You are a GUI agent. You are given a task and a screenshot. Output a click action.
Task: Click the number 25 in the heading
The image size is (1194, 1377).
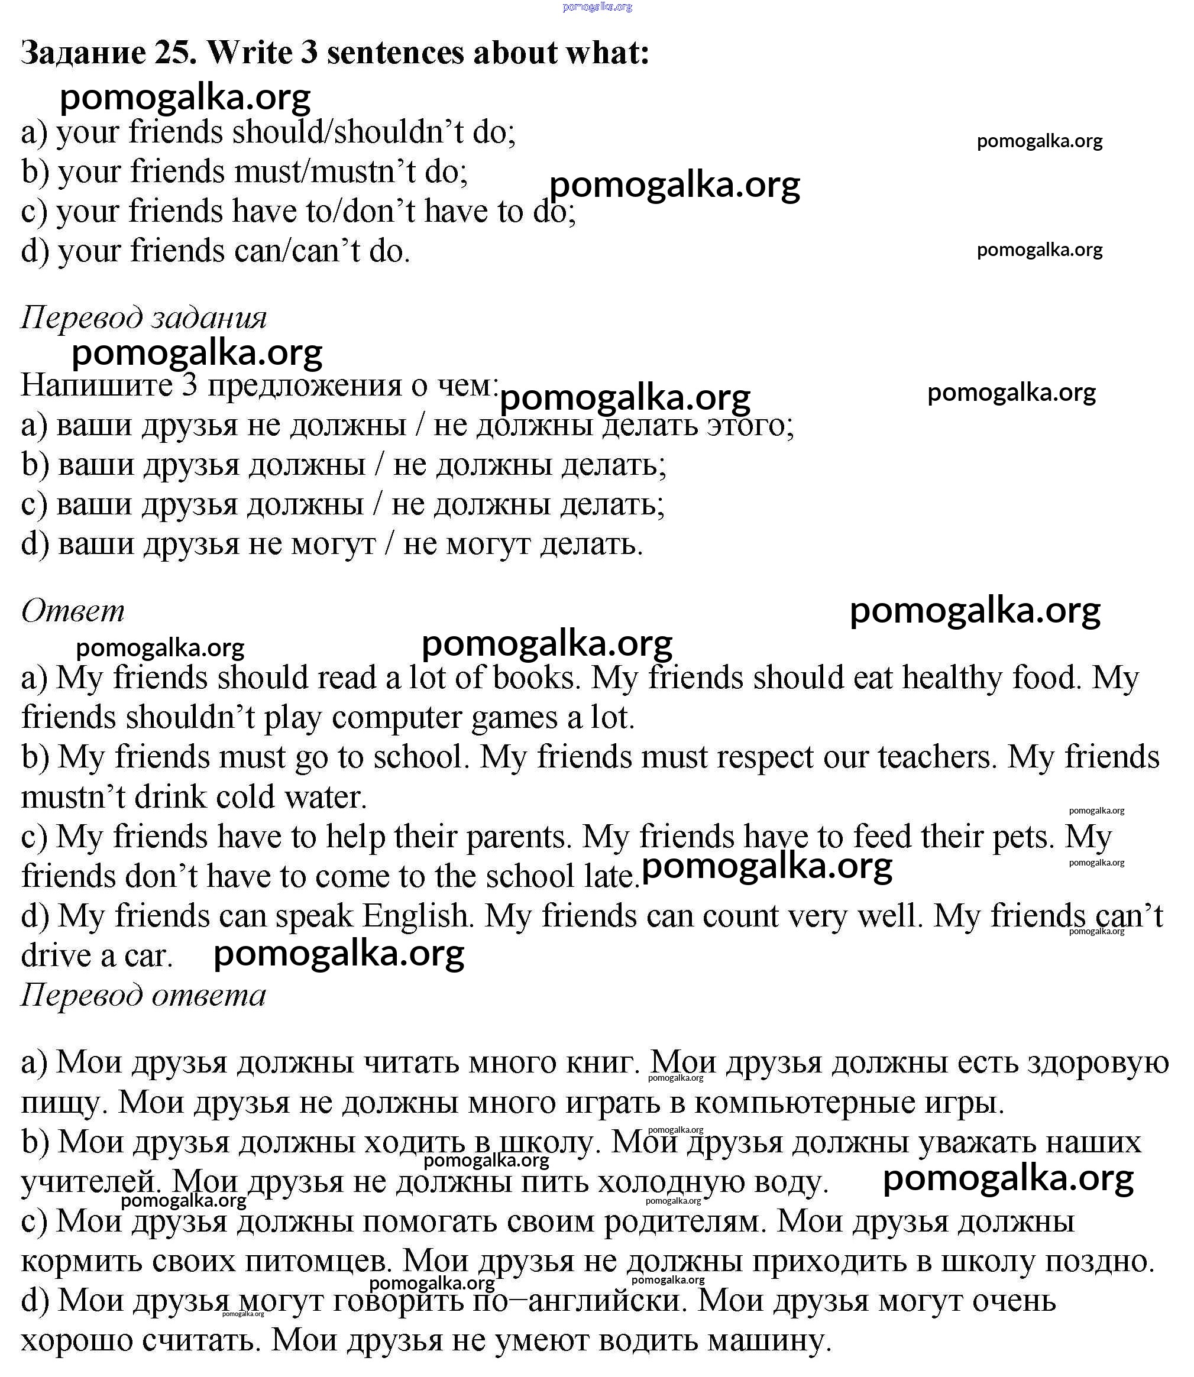(174, 53)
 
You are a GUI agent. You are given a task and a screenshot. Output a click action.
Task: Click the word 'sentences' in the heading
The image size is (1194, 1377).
(394, 53)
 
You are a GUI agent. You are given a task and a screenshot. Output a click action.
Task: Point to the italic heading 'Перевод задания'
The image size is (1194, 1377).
(143, 317)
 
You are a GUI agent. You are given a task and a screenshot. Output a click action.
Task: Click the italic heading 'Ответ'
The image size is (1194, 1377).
(73, 611)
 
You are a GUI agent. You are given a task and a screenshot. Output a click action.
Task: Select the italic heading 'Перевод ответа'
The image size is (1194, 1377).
(143, 994)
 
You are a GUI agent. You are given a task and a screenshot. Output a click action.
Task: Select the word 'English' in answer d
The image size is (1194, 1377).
(418, 916)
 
